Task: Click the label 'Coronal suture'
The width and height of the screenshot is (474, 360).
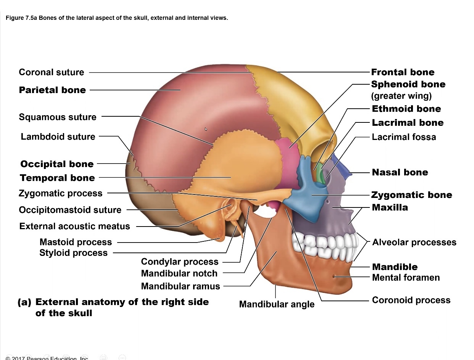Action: (x=51, y=72)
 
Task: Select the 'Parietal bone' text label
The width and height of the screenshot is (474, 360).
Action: (x=52, y=90)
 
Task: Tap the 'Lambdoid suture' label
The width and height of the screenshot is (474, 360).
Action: (x=58, y=137)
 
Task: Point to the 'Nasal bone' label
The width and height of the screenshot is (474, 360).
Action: (x=400, y=172)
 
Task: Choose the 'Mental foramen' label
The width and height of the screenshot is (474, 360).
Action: (x=406, y=278)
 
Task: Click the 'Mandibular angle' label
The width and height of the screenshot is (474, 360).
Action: (x=277, y=304)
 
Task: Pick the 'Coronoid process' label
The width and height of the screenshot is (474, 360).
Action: (x=411, y=300)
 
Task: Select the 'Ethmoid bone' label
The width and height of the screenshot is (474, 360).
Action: (x=406, y=109)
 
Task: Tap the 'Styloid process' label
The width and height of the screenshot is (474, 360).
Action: (x=73, y=253)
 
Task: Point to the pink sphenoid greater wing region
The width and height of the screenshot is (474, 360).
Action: (x=288, y=153)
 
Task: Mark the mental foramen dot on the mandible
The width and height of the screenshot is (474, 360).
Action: (x=334, y=276)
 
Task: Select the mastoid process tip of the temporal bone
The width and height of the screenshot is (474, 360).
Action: (x=220, y=239)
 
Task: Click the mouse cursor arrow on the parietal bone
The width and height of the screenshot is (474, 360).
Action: (x=206, y=129)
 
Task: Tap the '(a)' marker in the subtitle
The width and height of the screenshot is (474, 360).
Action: (x=24, y=302)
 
